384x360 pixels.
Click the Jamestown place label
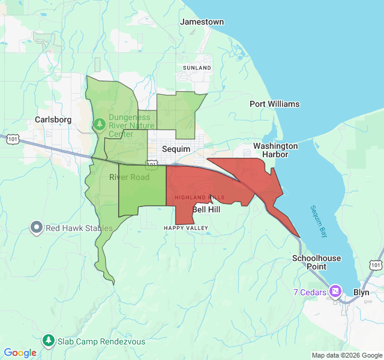tap(202, 22)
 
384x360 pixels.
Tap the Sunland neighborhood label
tap(197, 68)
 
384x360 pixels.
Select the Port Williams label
tap(274, 104)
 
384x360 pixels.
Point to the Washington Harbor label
tap(275, 150)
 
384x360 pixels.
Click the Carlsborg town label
tap(53, 119)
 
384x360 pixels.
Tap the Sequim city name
tap(176, 149)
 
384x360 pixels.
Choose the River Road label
tap(129, 177)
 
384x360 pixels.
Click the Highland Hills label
tap(199, 197)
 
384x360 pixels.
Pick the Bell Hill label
tap(206, 210)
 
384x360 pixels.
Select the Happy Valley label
tap(186, 228)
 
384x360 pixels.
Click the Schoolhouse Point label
tap(317, 262)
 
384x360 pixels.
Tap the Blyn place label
tap(361, 292)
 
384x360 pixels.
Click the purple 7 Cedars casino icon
tap(335, 292)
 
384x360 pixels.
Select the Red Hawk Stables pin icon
tap(37, 227)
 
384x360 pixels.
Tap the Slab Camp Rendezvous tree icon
tap(49, 341)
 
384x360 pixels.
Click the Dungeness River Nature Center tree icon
tap(99, 125)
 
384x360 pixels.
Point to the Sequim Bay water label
tap(319, 221)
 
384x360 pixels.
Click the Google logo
tap(20, 353)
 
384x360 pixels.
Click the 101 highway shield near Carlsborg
tap(12, 139)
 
